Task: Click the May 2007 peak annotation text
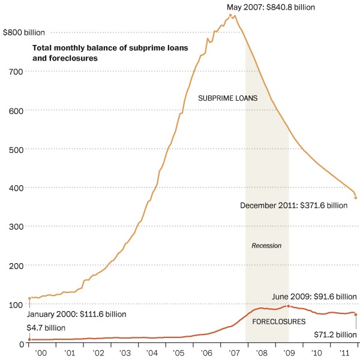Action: tap(272, 7)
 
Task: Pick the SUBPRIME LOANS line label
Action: tap(228, 97)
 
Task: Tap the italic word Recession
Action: tap(266, 246)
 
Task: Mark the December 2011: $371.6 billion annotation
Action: tap(293, 205)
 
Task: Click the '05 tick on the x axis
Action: tap(179, 354)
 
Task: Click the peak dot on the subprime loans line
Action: tap(230, 15)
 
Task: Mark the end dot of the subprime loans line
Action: tap(356, 197)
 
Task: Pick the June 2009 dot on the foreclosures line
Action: tap(289, 306)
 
